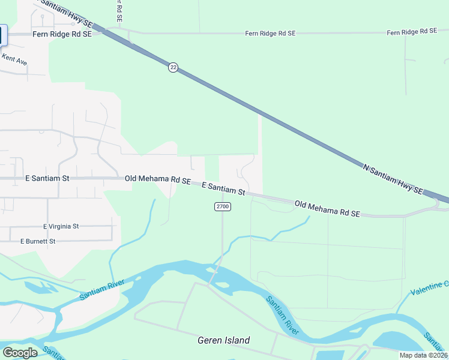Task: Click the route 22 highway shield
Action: tap(173, 68)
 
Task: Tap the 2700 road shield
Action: tap(223, 206)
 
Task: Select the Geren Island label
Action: tap(223, 340)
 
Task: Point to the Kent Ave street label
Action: tap(14, 59)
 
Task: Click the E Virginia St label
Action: tap(61, 226)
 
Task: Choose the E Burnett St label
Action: tap(38, 241)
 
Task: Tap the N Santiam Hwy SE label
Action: tap(393, 178)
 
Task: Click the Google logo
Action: tap(20, 353)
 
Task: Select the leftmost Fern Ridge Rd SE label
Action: tap(62, 35)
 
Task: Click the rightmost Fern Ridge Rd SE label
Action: tap(412, 32)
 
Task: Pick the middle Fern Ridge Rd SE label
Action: tap(270, 34)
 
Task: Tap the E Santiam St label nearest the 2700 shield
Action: tap(223, 188)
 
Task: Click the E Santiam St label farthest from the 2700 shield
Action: tap(47, 178)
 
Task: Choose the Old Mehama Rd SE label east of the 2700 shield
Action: tap(327, 209)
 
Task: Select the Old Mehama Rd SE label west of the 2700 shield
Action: tap(157, 179)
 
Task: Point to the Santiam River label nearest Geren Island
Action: tap(283, 314)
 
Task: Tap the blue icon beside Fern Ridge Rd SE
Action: tap(2, 35)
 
